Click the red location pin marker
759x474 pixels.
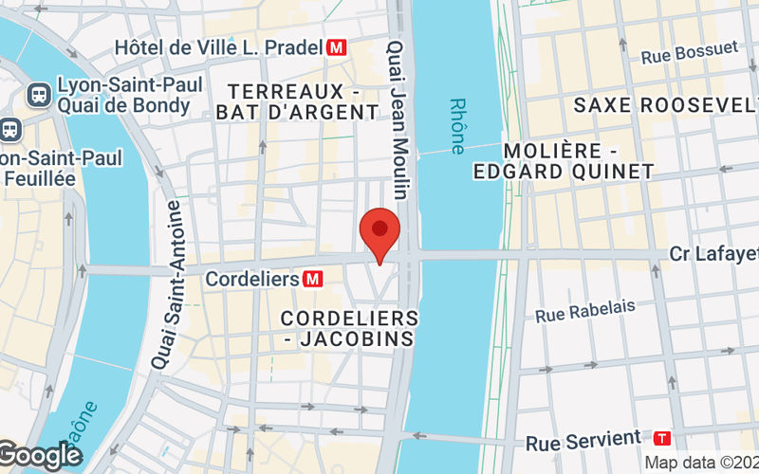pos(380,232)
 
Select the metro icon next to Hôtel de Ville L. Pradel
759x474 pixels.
pos(336,46)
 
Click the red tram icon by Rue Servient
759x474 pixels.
pos(662,438)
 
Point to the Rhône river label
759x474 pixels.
pos(458,126)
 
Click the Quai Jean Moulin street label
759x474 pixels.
pos(398,118)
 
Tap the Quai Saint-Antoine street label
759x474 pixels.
pos(164,284)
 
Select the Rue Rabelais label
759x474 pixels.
pos(584,310)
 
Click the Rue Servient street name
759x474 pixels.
pos(583,440)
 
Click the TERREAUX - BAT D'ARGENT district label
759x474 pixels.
pos(304,101)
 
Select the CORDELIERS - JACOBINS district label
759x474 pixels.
pos(350,328)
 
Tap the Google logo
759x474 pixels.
pos(40,456)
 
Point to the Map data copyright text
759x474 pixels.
pos(701,463)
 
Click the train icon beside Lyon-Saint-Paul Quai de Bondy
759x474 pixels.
pos(40,94)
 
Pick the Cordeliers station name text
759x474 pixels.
pos(252,280)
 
